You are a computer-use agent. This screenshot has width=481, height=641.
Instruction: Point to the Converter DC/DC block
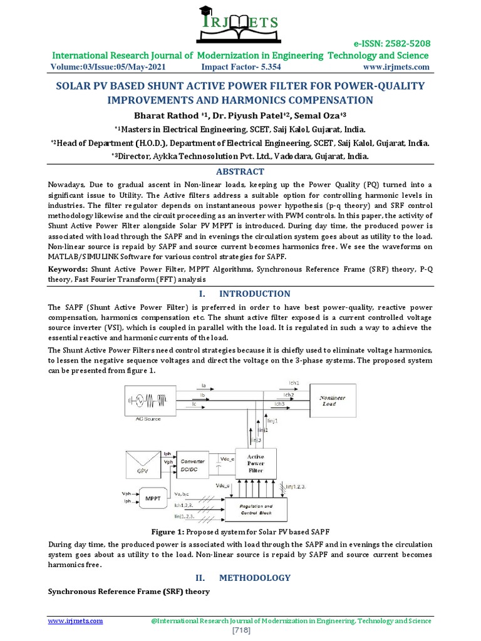(194, 464)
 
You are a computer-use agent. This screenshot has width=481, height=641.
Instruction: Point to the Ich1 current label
(293, 382)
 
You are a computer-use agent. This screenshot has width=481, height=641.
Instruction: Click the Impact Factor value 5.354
(267, 67)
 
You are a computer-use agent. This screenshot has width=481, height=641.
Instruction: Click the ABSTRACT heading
(240, 172)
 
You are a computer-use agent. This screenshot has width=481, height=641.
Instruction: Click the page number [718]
(240, 630)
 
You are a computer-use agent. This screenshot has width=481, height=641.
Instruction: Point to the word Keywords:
(68, 270)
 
